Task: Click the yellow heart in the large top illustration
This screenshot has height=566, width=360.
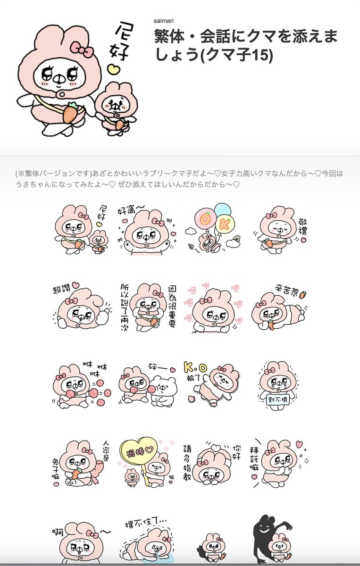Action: pos(113,70)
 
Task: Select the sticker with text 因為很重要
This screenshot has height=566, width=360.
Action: pos(147,307)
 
